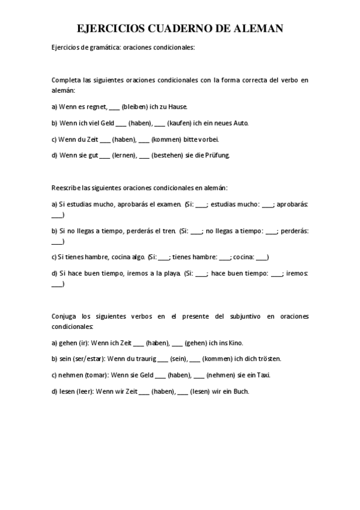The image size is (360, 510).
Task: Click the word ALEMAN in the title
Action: point(254,28)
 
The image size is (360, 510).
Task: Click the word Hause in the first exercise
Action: point(178,107)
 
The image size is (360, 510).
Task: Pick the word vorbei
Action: point(207,139)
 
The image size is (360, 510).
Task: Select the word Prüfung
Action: point(219,155)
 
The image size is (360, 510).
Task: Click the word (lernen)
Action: point(124,155)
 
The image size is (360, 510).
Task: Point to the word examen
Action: point(169,204)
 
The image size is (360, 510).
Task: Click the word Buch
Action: point(240,391)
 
